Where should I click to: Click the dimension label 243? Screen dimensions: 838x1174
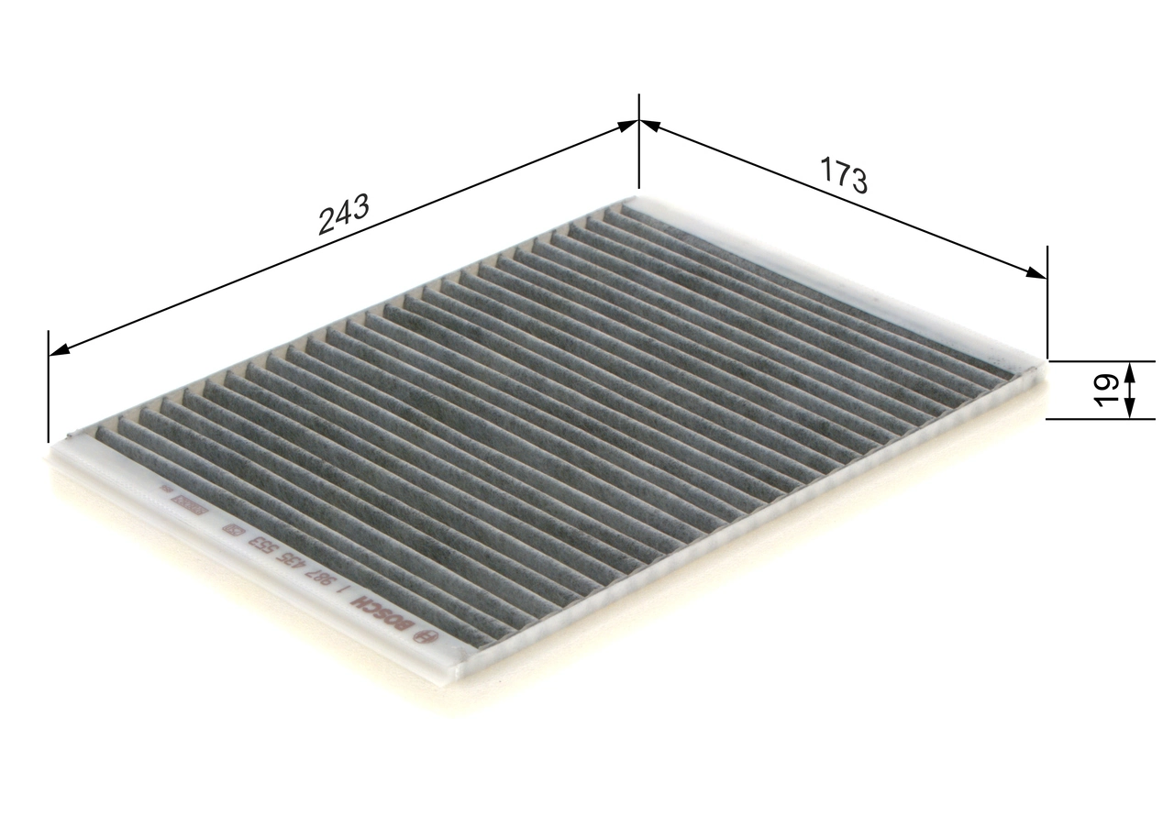[x=343, y=215]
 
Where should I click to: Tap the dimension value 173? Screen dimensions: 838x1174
[x=843, y=176]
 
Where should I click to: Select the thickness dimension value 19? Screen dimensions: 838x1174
[x=1106, y=388]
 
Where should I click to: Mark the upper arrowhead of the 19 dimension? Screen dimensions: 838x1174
[x=1129, y=369]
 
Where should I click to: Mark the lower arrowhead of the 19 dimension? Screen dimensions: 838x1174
[x=1129, y=410]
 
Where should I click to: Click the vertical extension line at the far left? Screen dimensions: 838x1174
[x=48, y=385]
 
